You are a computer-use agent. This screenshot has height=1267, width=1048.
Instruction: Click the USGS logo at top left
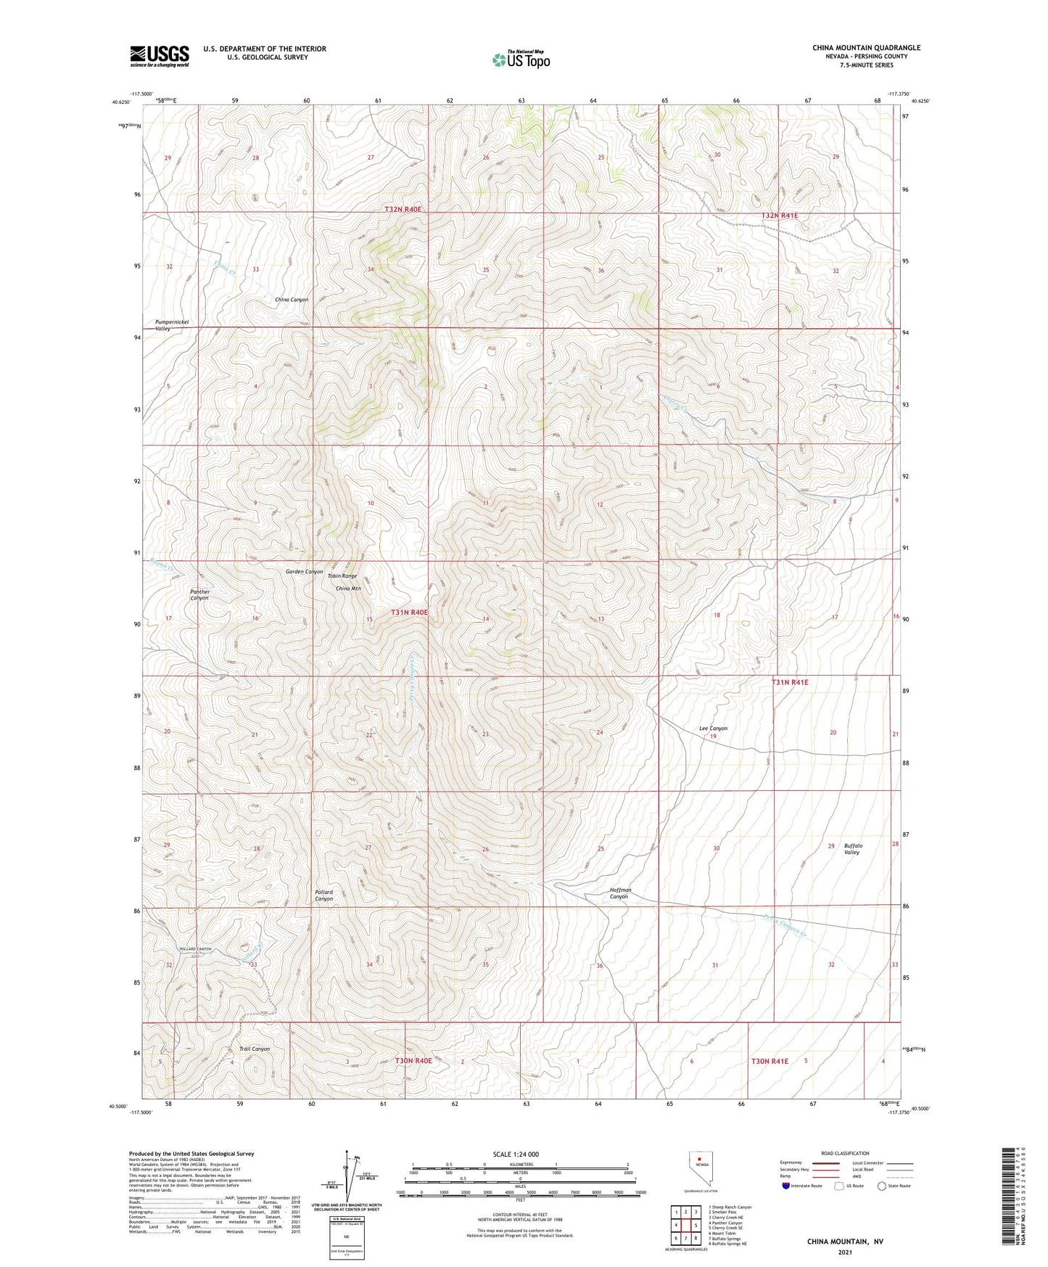click(x=160, y=55)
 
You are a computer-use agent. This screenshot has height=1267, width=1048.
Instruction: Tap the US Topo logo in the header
click(x=520, y=60)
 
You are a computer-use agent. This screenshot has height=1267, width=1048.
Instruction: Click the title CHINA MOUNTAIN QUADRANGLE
click(x=866, y=48)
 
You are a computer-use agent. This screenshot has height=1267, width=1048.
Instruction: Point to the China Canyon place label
click(x=292, y=300)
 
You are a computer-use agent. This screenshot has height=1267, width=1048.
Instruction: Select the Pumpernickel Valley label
click(x=172, y=325)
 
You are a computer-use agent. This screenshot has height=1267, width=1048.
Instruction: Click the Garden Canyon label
click(x=304, y=572)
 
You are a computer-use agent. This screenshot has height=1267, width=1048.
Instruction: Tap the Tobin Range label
click(x=342, y=576)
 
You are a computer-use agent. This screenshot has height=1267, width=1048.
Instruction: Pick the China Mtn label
click(x=348, y=589)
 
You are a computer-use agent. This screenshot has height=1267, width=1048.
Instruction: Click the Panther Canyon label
click(x=199, y=595)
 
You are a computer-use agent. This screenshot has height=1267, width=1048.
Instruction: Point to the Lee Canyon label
click(x=713, y=729)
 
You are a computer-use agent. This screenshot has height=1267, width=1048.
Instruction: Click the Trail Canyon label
click(x=255, y=1049)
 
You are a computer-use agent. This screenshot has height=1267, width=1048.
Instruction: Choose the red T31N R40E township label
click(x=410, y=612)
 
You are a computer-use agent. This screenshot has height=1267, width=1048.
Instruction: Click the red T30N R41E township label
click(x=770, y=1061)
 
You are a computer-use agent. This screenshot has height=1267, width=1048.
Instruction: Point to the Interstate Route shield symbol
click(x=787, y=1186)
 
